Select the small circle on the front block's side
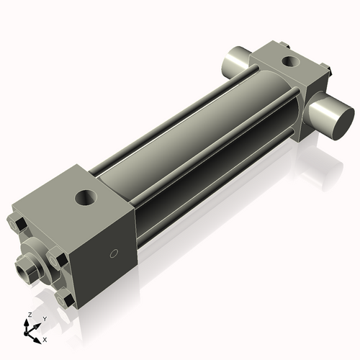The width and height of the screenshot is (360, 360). click(x=112, y=253)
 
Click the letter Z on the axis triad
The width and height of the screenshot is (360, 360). click(x=29, y=315)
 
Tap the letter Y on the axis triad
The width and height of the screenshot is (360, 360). click(x=45, y=318)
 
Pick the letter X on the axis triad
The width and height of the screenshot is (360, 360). click(x=45, y=338)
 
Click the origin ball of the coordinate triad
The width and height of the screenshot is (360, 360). click(x=28, y=333)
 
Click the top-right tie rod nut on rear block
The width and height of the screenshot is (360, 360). click(x=327, y=71)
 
